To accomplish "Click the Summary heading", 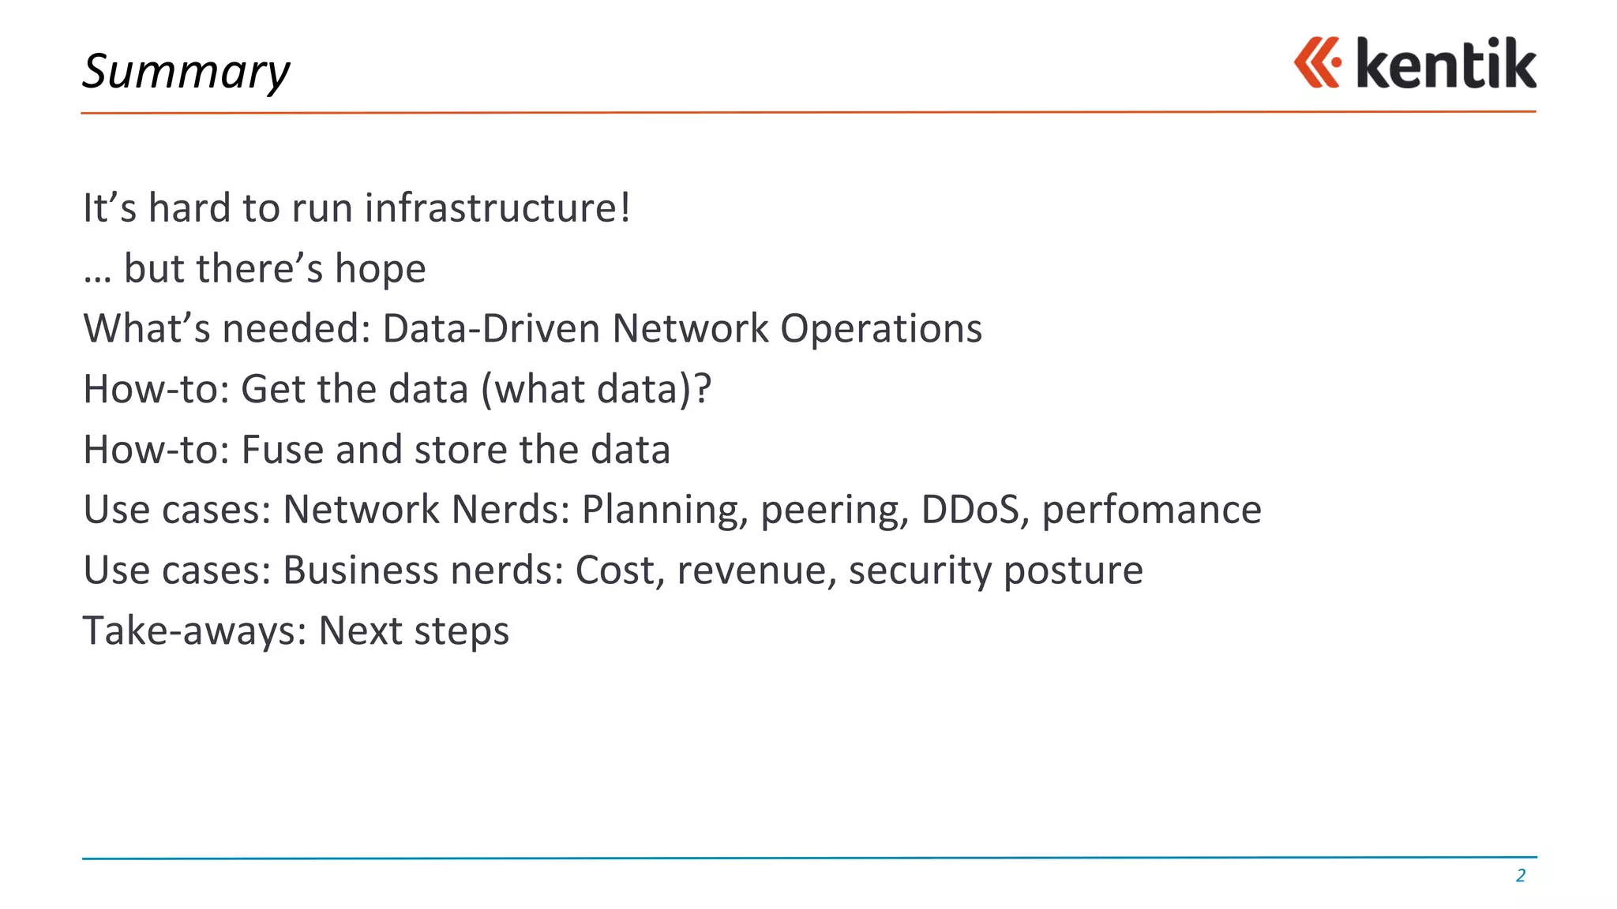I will click(186, 71).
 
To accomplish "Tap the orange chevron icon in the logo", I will click(1316, 62).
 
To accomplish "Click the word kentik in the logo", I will click(1446, 64).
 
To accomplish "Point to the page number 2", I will click(1520, 875).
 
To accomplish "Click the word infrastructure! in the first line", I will click(497, 208).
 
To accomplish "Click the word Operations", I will click(881, 330).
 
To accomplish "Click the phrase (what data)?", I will click(596, 389).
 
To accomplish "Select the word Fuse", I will click(282, 450).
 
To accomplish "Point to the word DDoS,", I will click(975, 510).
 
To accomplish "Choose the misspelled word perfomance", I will click(1151, 511).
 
